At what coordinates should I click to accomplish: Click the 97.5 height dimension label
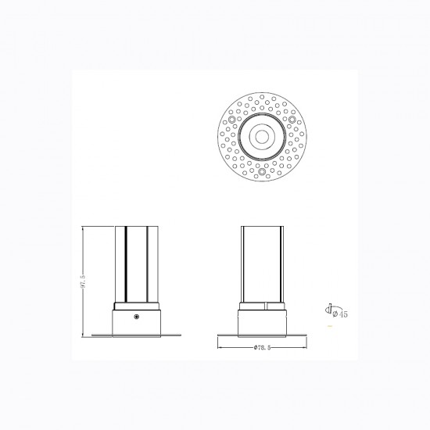pyautogui.click(x=84, y=282)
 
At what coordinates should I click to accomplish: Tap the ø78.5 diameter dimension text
pyautogui.click(x=262, y=347)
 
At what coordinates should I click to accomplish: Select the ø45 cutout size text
pyautogui.click(x=340, y=314)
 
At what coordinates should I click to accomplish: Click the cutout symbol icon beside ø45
pyautogui.click(x=328, y=309)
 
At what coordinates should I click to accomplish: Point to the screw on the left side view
pyautogui.click(x=136, y=317)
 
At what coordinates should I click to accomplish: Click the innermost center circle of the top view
pyautogui.click(x=262, y=137)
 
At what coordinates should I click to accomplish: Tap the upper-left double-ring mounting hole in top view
pyautogui.click(x=232, y=120)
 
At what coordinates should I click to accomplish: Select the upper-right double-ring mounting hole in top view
pyautogui.click(x=292, y=120)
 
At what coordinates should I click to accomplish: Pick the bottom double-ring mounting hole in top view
pyautogui.click(x=262, y=172)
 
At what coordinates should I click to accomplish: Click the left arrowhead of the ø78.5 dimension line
pyautogui.click(x=220, y=347)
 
